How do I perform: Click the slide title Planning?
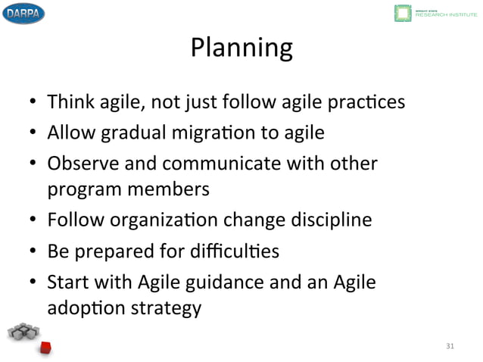(x=241, y=48)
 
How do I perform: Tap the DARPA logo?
(x=23, y=13)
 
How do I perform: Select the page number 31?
(x=450, y=346)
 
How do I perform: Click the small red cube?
(x=45, y=347)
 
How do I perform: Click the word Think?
(x=69, y=101)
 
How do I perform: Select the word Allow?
(x=70, y=133)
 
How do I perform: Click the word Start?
(x=67, y=283)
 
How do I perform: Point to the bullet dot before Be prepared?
(x=34, y=252)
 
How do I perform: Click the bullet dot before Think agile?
(x=34, y=102)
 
